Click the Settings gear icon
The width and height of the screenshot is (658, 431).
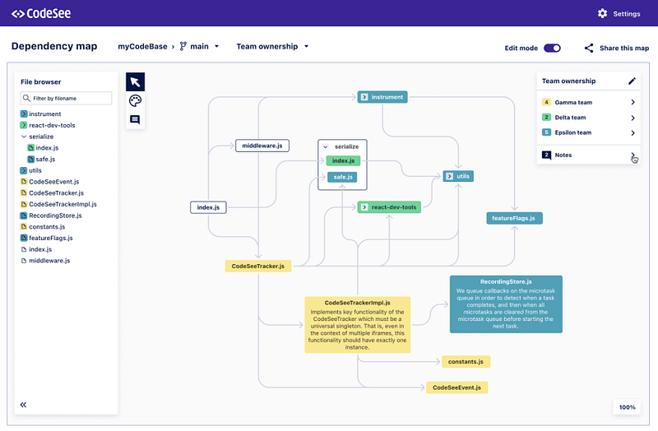coord(602,13)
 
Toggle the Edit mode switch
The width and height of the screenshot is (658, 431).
coord(552,48)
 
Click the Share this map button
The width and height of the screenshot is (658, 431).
coord(617,48)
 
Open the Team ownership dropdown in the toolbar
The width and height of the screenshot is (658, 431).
coord(272,47)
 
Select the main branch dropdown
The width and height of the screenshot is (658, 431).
coord(200,47)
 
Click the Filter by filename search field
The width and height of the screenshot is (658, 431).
coord(66,98)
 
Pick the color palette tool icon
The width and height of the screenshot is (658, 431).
coord(135,100)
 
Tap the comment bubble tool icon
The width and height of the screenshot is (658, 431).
coord(135,119)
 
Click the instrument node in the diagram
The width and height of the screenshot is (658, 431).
coord(382,97)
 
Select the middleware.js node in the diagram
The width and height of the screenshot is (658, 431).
coord(262,146)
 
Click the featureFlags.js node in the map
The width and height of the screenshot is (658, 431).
coord(514,218)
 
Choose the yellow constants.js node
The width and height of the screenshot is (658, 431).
coord(466,362)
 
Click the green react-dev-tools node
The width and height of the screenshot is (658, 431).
coord(389,206)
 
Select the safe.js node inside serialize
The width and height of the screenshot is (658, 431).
coord(342,177)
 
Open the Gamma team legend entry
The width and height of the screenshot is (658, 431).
coord(587,103)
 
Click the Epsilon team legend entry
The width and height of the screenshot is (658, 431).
coord(587,132)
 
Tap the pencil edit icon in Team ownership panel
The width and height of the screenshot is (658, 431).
coord(632,81)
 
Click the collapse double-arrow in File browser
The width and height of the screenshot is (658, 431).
coord(24,405)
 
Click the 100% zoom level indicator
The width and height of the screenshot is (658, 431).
coord(627,407)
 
